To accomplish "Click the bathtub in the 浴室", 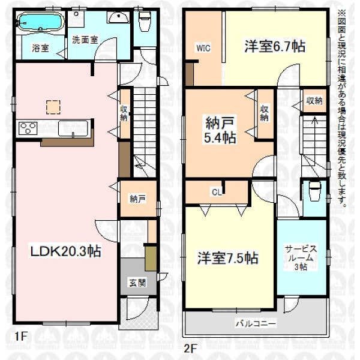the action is [x=40, y=21].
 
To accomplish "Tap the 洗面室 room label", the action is [x=85, y=40].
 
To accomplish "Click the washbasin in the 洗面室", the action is [x=118, y=17].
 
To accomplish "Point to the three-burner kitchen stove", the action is [x=28, y=128].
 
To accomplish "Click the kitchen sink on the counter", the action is [x=73, y=128].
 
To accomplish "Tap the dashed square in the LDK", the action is [x=53, y=107].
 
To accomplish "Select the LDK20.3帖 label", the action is [x=66, y=251].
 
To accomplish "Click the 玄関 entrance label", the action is [x=137, y=283].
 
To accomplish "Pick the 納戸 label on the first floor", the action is [x=137, y=199].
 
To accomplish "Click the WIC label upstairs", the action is [x=203, y=48].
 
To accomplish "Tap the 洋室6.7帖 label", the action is [x=275, y=47].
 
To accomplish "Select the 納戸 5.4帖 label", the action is [x=220, y=130].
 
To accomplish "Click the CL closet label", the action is [x=217, y=192].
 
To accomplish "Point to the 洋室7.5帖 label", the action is [x=228, y=258].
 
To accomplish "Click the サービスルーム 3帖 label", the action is [x=301, y=258].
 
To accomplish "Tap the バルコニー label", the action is [x=256, y=324].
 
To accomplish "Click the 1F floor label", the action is [x=21, y=337].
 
